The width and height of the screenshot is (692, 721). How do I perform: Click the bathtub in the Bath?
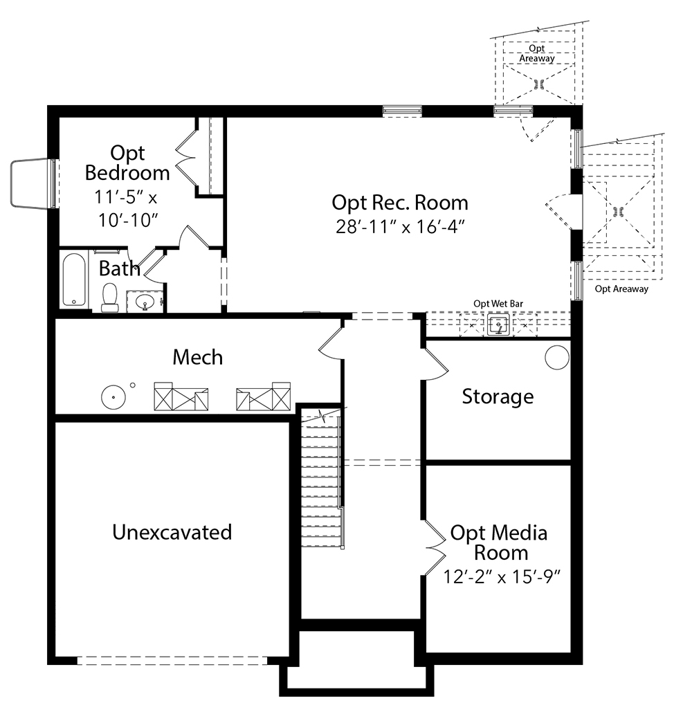pyautogui.click(x=74, y=279)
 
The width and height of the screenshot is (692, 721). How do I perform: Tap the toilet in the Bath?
pyautogui.click(x=109, y=298)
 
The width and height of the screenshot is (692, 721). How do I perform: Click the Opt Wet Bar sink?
pyautogui.click(x=498, y=325)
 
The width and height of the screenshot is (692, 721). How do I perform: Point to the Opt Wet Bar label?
pyautogui.click(x=498, y=304)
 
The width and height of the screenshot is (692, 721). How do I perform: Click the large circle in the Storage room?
pyautogui.click(x=557, y=357)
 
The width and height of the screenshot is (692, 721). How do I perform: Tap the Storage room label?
pyautogui.click(x=498, y=396)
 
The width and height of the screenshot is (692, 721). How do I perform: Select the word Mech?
pyautogui.click(x=198, y=357)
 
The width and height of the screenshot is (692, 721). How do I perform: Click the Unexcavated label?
pyautogui.click(x=172, y=532)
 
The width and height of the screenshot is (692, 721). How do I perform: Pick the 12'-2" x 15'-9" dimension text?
pyautogui.click(x=502, y=576)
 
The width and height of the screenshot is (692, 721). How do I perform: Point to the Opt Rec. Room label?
pyautogui.click(x=400, y=203)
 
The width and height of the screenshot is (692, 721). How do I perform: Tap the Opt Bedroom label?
pyautogui.click(x=127, y=163)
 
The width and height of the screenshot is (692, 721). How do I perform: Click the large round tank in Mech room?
pyautogui.click(x=113, y=396)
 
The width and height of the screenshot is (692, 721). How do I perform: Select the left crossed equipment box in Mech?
pyautogui.click(x=181, y=396)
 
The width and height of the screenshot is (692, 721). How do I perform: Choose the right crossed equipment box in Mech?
pyautogui.click(x=263, y=396)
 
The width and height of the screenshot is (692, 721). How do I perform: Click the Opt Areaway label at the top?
pyautogui.click(x=536, y=53)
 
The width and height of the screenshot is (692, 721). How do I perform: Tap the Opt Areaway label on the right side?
pyautogui.click(x=621, y=289)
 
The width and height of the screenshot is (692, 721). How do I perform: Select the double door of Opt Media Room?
pyautogui.click(x=435, y=547)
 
